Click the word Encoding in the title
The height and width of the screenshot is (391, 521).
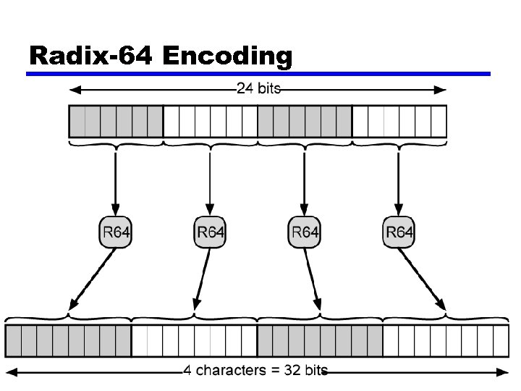click(x=227, y=57)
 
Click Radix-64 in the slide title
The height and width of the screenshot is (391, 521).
click(x=90, y=56)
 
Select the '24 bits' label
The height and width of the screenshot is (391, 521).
click(x=258, y=89)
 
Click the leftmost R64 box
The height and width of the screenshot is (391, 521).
click(x=115, y=232)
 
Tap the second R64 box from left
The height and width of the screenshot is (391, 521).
click(x=210, y=232)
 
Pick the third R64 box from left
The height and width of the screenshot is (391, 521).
click(x=305, y=232)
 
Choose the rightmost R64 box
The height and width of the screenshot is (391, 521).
click(x=399, y=232)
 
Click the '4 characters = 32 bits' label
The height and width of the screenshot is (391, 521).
click(x=255, y=371)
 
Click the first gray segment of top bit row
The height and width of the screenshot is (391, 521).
click(x=116, y=121)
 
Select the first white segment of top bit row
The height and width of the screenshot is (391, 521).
click(x=211, y=121)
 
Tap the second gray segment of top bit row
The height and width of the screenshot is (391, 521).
click(x=305, y=121)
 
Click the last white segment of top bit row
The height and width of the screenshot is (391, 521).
click(x=399, y=121)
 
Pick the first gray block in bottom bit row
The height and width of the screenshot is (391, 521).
click(x=69, y=340)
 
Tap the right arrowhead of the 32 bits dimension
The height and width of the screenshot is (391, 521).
click(x=504, y=371)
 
